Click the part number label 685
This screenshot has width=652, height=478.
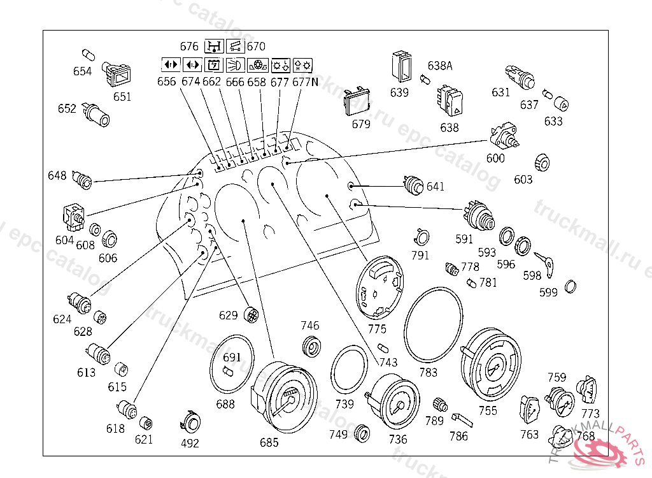(269, 442)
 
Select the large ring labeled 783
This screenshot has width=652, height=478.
(436, 324)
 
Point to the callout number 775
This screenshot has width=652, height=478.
(378, 329)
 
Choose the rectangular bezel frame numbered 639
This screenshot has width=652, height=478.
(401, 66)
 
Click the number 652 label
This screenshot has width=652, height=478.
(67, 109)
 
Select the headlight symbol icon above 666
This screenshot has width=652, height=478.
(236, 64)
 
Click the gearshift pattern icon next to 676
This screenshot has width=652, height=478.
(213, 47)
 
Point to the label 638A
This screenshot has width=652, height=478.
(439, 66)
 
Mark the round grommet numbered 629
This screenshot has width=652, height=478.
(252, 313)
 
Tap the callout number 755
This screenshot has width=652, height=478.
(488, 411)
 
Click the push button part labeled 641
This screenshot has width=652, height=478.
(415, 186)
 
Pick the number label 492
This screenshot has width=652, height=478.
(190, 443)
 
